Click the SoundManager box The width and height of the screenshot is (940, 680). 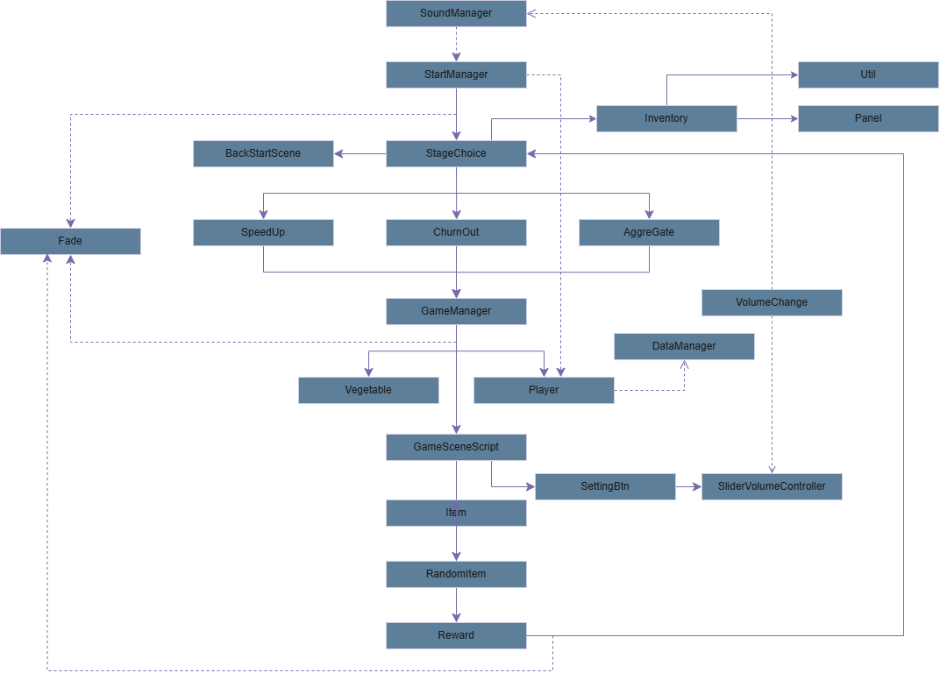(x=456, y=13)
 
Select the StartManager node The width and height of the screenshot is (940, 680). (x=456, y=74)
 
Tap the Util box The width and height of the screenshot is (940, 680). (x=868, y=74)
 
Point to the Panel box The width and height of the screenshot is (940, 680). (x=868, y=118)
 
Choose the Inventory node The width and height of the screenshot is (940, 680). (x=666, y=118)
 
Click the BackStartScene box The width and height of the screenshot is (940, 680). (x=263, y=153)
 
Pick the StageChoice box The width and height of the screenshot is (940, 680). (x=456, y=153)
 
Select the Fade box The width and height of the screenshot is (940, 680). (x=70, y=241)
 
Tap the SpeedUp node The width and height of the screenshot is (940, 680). (x=263, y=232)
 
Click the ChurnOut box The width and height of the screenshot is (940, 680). (x=456, y=232)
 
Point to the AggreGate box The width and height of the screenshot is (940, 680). (x=649, y=232)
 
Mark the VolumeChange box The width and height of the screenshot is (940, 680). (x=772, y=302)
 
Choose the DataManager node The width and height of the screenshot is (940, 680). (x=684, y=346)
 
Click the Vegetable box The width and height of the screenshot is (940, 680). (x=368, y=390)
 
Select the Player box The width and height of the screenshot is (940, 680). (x=544, y=390)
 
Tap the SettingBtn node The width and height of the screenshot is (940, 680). (x=605, y=486)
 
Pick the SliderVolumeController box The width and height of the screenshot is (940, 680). (x=772, y=486)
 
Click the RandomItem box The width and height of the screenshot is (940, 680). (x=456, y=574)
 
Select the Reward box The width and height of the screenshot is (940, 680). (x=456, y=635)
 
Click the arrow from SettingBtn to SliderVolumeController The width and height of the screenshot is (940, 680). (x=688, y=486)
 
